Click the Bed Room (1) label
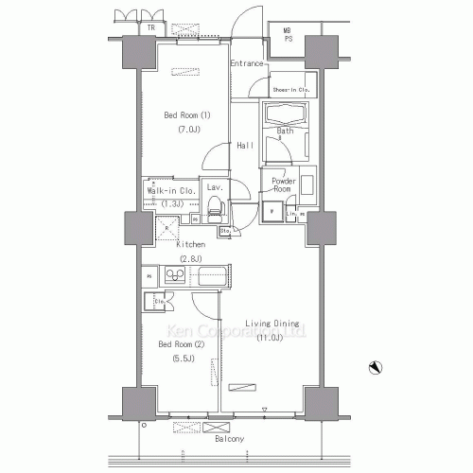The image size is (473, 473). click(186, 115)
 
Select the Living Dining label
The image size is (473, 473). click(273, 324)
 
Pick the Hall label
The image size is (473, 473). click(245, 145)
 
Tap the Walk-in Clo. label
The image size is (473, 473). click(169, 190)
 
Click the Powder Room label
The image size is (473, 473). click(285, 184)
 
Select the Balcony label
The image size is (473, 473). click(230, 440)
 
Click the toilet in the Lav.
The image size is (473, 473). click(214, 206)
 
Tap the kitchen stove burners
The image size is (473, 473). click(176, 275)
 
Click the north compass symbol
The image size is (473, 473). click(376, 367)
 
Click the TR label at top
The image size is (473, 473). click(151, 27)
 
